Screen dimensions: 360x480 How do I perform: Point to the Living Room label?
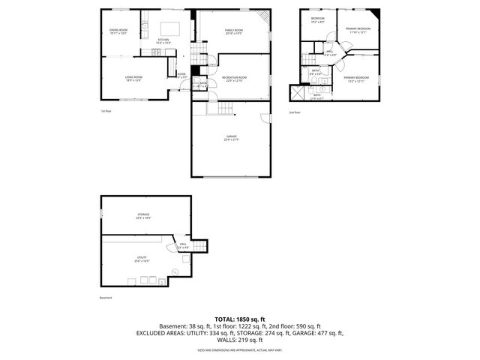pyautogui.click(x=133, y=78)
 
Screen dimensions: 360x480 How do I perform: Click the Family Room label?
pyautogui.click(x=234, y=32)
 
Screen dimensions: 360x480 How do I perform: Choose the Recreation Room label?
pyautogui.click(x=234, y=79)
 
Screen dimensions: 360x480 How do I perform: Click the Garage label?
pyautogui.click(x=231, y=138)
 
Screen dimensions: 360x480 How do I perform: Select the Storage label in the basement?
pyautogui.click(x=143, y=216)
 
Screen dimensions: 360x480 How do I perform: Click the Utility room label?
pyautogui.click(x=142, y=260)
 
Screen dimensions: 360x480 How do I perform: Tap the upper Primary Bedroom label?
pyautogui.click(x=356, y=31)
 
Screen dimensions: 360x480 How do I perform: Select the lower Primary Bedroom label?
pyautogui.click(x=357, y=79)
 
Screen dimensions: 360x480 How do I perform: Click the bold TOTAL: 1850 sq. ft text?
pyautogui.click(x=239, y=319)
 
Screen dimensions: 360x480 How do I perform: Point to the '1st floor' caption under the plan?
pyautogui.click(x=106, y=111)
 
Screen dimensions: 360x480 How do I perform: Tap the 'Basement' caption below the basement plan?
pyautogui.click(x=105, y=298)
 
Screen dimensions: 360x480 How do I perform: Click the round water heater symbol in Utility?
pyautogui.click(x=175, y=271)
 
